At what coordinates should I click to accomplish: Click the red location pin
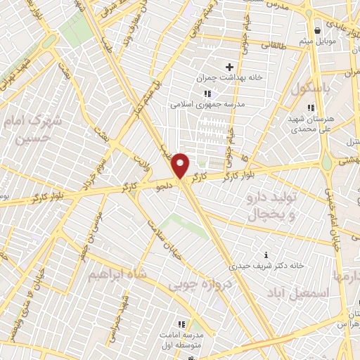[181, 166]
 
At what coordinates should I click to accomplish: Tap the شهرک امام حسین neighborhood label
[32, 129]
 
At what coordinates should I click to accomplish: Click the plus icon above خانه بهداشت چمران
[229, 67]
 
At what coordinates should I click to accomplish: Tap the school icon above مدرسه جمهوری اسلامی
[207, 94]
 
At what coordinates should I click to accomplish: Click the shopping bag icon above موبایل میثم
[319, 30]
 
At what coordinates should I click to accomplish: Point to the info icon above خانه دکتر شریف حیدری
[265, 255]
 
